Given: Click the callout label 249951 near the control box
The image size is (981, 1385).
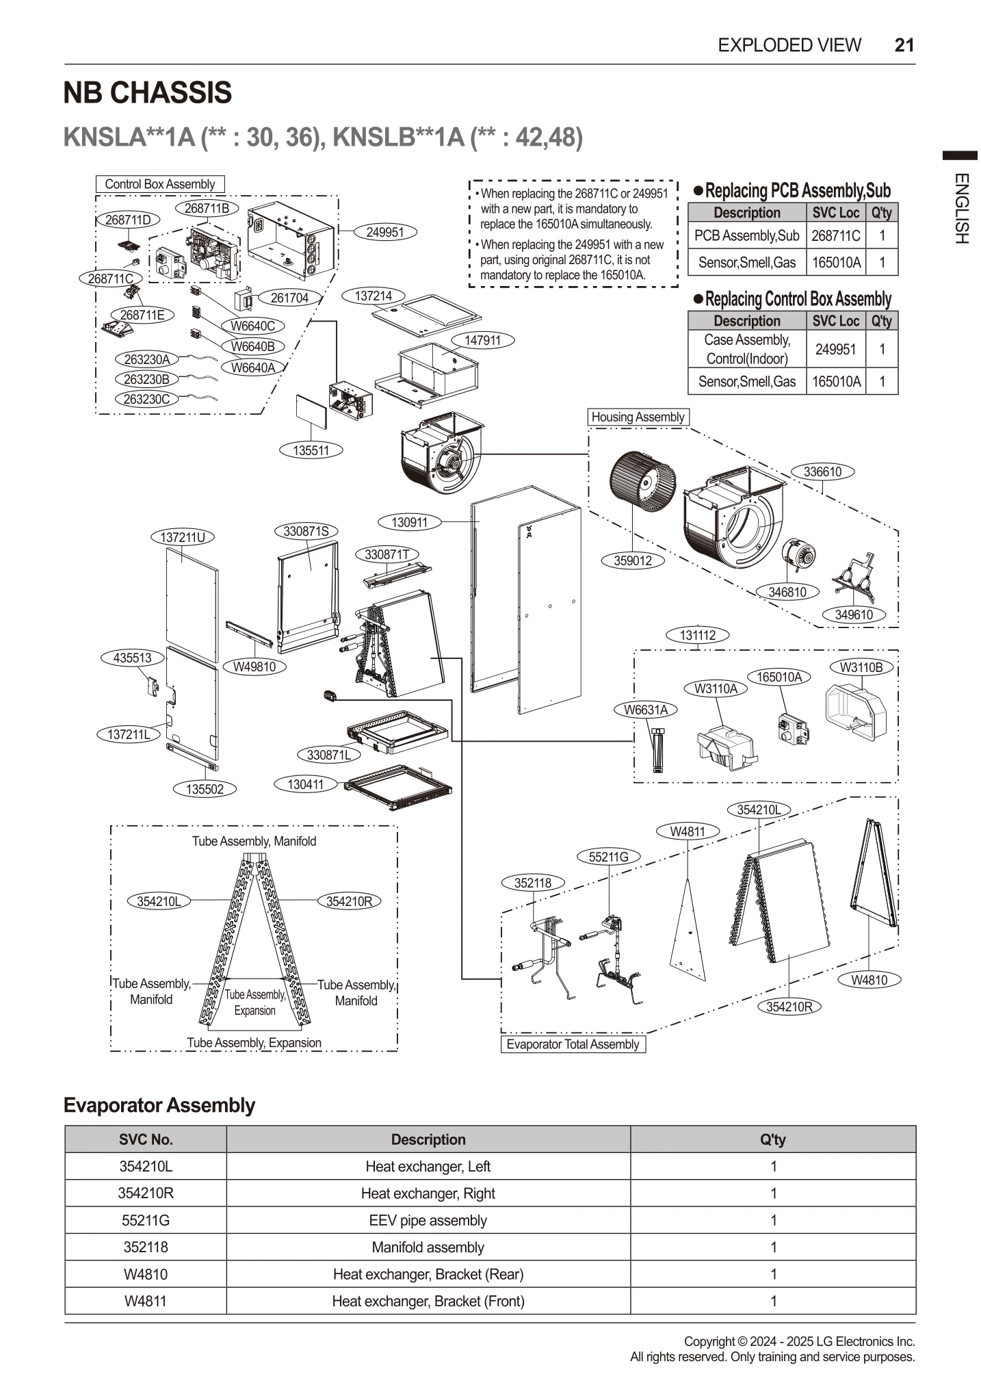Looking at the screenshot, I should (x=384, y=232).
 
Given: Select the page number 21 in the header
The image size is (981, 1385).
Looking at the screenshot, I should (x=904, y=45).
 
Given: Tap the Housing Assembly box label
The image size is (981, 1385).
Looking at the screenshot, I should (x=638, y=417).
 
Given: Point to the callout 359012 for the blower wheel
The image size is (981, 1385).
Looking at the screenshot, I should (x=632, y=560).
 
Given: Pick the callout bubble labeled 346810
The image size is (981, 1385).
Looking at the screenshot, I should (x=787, y=592).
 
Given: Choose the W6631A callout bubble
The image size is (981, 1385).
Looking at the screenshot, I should (x=645, y=710).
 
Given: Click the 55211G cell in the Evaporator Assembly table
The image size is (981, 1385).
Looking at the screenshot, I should (x=145, y=1220).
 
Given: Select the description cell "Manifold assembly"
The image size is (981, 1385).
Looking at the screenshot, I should (x=428, y=1247).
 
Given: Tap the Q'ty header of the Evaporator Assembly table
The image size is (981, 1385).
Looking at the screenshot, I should (x=772, y=1139).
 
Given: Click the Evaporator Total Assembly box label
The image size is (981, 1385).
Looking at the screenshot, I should (x=573, y=1044).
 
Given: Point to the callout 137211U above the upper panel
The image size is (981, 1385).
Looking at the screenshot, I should (x=183, y=537).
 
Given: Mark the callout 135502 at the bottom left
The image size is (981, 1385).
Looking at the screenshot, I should (x=205, y=789).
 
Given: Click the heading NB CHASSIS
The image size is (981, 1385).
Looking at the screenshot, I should (x=148, y=93).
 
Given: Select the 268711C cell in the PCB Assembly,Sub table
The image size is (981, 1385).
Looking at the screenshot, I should (x=835, y=236).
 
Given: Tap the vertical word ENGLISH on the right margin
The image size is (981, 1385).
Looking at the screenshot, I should (x=960, y=209).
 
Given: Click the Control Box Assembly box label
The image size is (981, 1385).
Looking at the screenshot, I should (x=159, y=184).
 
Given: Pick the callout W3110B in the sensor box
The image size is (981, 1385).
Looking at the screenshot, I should (x=861, y=667).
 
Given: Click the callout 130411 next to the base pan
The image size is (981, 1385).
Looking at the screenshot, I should (x=305, y=784).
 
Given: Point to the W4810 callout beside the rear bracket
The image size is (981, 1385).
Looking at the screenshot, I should (x=869, y=980).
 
